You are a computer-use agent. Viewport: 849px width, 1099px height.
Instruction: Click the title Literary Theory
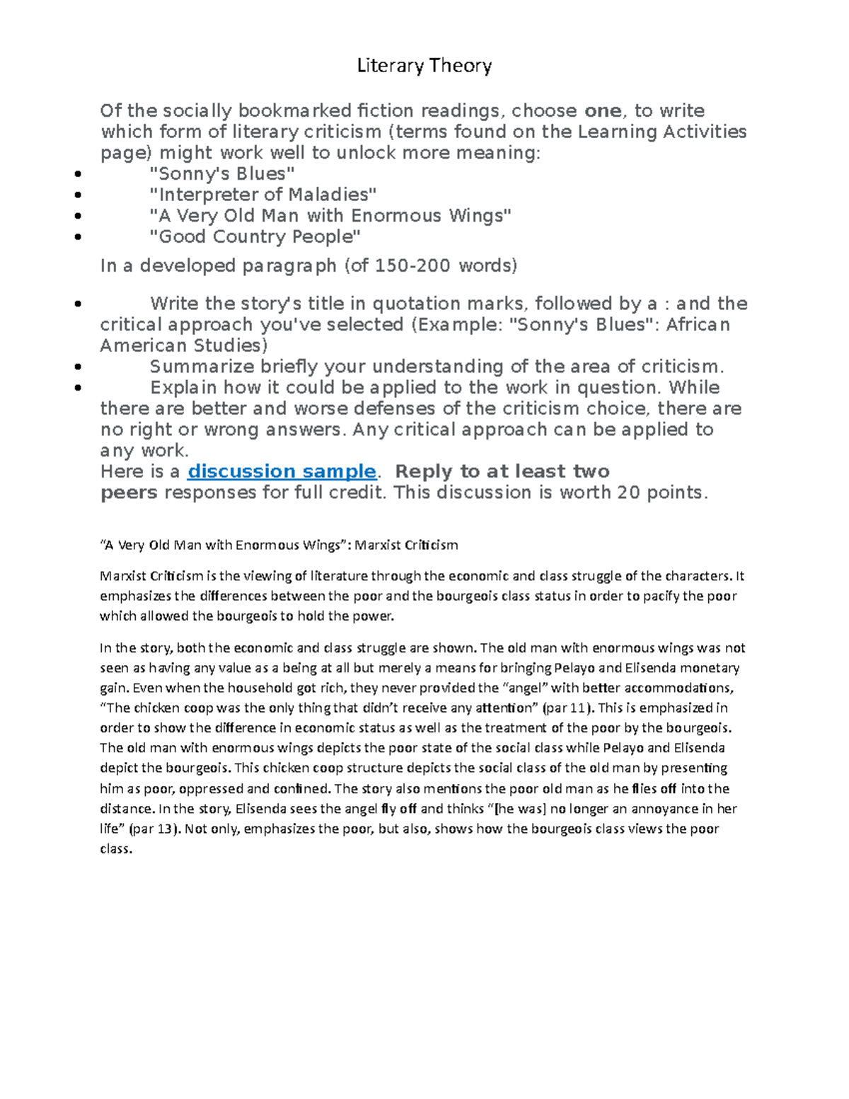424,66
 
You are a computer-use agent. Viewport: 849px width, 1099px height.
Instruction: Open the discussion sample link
281,471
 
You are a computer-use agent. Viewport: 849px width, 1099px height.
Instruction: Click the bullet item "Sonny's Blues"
221,173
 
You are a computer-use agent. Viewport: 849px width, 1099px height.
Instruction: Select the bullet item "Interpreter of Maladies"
262,195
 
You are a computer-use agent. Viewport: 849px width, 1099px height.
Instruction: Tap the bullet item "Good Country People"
255,236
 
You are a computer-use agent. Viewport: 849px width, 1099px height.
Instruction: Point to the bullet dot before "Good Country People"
77,238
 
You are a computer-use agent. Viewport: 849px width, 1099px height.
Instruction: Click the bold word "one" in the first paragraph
603,111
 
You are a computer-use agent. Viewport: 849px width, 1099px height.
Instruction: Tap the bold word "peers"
129,493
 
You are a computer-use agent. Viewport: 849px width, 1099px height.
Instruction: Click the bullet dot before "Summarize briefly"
77,367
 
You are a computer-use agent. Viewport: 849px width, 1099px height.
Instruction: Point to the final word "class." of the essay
116,848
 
